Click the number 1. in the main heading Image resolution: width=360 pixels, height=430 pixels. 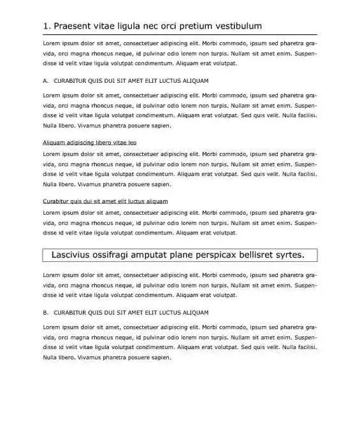click(47, 26)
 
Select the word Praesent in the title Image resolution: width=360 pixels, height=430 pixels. click(75, 26)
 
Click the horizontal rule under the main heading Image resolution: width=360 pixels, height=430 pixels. click(180, 34)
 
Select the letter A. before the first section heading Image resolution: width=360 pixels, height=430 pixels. click(45, 81)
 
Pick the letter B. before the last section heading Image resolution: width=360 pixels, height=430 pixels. click(45, 313)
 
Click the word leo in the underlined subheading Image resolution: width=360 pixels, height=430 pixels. click(132, 142)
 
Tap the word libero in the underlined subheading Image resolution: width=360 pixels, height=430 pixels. click(105, 142)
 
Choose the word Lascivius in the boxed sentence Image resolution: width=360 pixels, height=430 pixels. click(73, 255)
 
